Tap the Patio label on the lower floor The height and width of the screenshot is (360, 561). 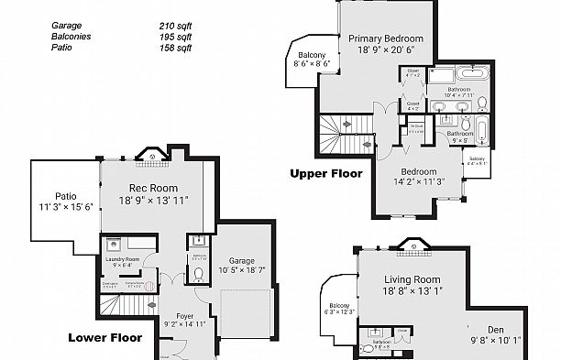(x=65, y=195)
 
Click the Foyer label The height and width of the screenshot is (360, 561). (x=184, y=314)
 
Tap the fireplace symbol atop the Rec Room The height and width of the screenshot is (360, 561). (x=151, y=156)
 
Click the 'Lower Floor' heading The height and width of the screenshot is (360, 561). (x=105, y=338)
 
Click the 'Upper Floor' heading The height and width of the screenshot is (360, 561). (x=326, y=172)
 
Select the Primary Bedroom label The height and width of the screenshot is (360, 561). (x=384, y=38)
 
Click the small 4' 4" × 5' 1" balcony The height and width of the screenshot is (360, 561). (x=477, y=162)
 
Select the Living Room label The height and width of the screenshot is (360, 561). (x=412, y=279)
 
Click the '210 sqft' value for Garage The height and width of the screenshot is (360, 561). (x=174, y=27)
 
